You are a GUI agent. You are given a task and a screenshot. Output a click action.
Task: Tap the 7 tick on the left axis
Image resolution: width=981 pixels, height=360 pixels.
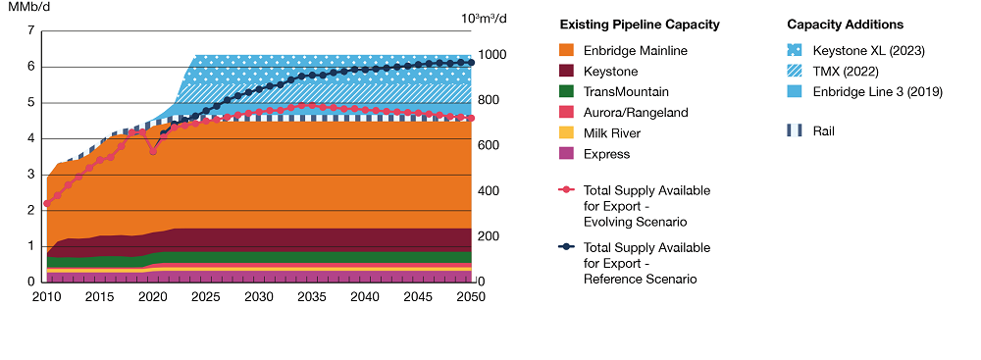click(30, 31)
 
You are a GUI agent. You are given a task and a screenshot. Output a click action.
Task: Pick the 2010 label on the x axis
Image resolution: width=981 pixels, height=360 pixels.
click(46, 296)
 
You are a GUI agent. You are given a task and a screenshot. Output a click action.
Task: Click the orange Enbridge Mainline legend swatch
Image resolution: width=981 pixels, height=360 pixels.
click(566, 50)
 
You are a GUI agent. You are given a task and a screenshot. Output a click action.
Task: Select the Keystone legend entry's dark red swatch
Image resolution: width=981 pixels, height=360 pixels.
click(566, 72)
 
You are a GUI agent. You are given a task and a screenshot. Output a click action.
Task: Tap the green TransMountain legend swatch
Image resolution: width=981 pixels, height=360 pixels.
click(566, 92)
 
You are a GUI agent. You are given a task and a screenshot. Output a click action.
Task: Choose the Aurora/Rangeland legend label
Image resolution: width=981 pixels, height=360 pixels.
click(635, 113)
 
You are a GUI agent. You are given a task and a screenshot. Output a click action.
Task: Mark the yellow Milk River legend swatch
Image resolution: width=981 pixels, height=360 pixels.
click(566, 133)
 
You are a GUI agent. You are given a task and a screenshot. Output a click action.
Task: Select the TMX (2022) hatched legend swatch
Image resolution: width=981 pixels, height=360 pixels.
click(795, 72)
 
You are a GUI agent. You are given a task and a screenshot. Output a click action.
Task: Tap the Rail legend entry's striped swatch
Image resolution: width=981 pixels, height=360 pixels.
click(795, 129)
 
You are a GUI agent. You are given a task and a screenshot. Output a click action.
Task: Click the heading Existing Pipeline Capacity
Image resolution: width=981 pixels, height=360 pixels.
click(639, 25)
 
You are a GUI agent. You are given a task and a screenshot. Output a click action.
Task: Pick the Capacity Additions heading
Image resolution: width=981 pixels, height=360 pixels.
click(845, 25)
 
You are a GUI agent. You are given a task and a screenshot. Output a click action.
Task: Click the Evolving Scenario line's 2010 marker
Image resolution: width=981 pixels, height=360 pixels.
click(46, 204)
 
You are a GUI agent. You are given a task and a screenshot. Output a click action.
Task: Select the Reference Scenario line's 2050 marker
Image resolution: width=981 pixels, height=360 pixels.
click(471, 62)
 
